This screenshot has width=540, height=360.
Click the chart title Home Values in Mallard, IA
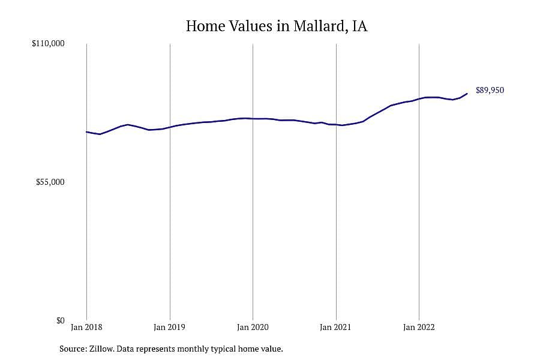277,26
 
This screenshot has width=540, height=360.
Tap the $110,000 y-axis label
48,44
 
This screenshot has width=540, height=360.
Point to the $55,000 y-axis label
50,182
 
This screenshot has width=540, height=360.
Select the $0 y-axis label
60,321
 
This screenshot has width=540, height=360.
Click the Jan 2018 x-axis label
86,327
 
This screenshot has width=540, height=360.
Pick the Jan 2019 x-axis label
169,327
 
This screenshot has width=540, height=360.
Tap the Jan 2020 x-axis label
253,327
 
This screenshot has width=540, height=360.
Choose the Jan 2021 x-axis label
335,327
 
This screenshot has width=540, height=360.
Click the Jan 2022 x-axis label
419,327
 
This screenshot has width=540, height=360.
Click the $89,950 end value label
490,90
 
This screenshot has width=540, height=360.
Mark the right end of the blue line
467,94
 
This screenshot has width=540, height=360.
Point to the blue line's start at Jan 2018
87,132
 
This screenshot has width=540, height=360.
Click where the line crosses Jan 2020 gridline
253,119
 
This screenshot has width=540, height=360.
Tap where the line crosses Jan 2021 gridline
336,124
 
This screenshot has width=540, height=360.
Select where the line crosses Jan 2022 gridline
419,99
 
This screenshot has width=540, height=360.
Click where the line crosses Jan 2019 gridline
170,127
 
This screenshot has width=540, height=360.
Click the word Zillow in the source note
101,349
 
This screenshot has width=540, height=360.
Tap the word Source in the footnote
73,349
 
